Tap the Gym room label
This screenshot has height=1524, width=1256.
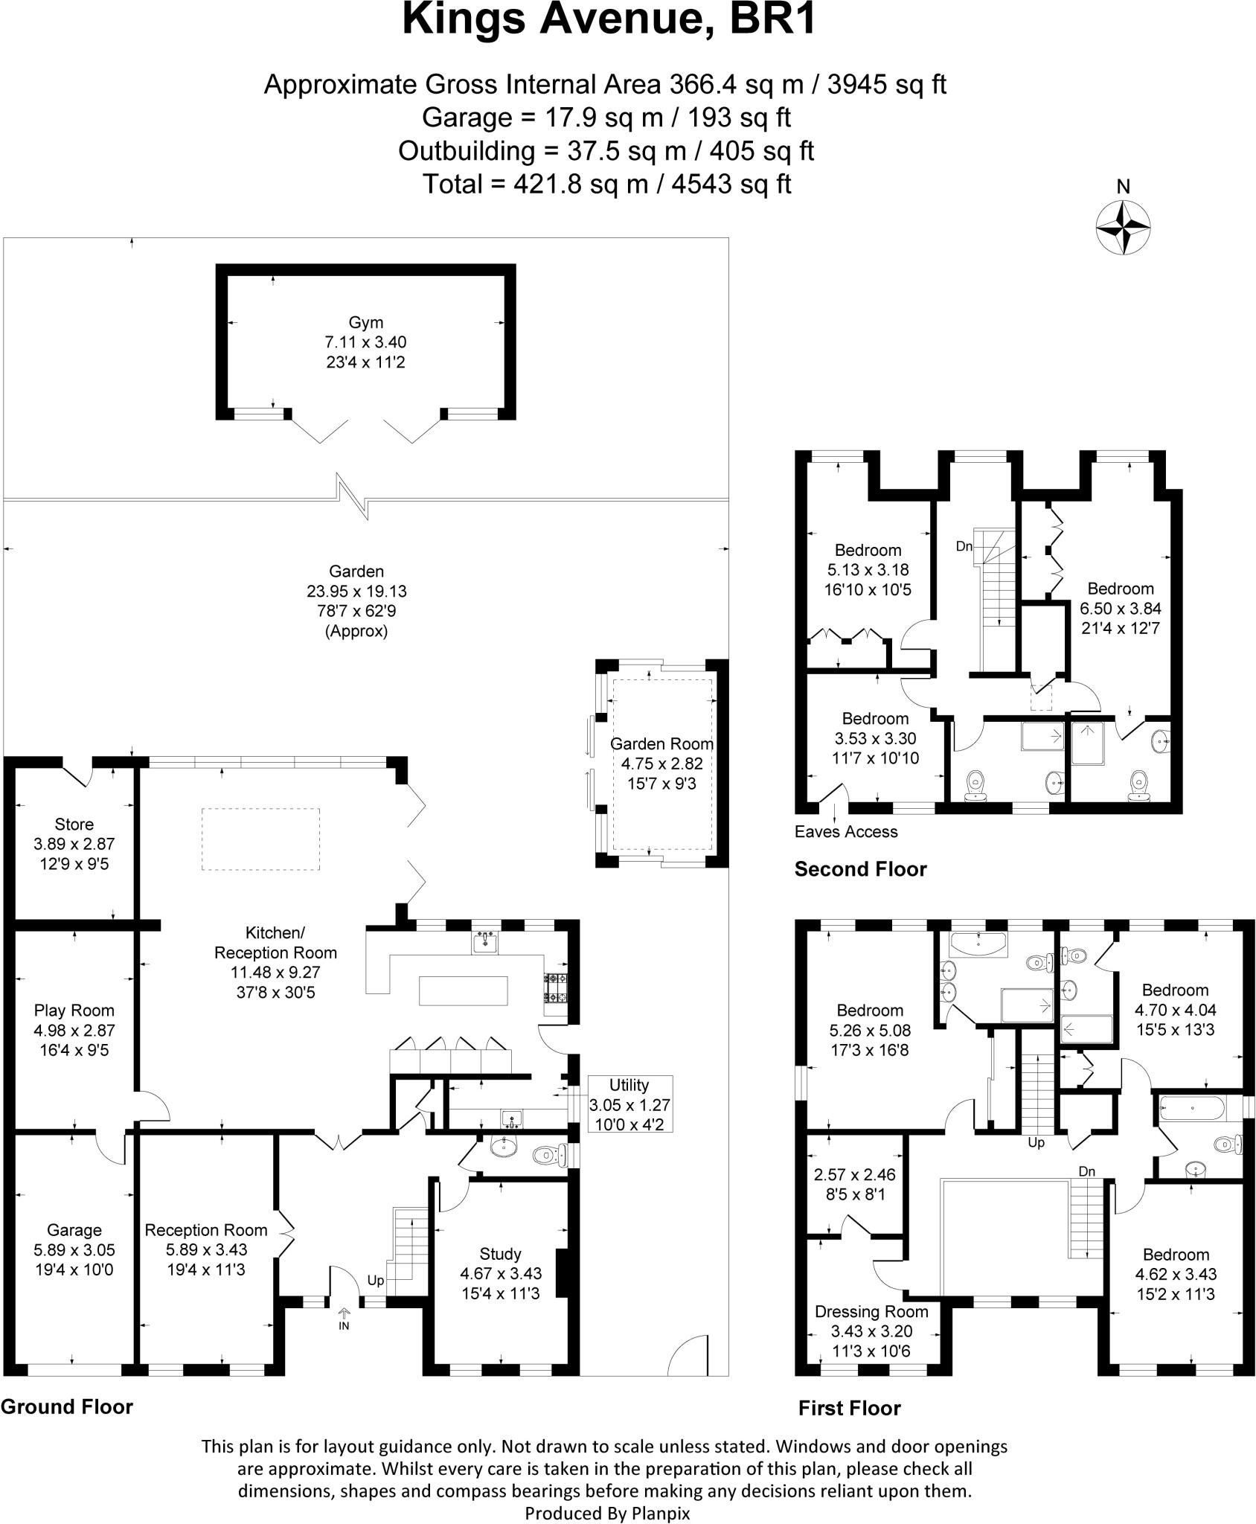(365, 322)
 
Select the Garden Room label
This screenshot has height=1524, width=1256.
(661, 743)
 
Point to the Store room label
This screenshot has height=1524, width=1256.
(74, 825)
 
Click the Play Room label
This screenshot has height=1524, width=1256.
(74, 1011)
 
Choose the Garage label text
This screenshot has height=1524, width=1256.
(74, 1230)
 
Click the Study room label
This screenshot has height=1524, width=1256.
(500, 1254)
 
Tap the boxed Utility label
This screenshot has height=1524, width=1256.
(629, 1085)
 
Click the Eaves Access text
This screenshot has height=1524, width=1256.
(846, 832)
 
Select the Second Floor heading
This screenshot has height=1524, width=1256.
(860, 869)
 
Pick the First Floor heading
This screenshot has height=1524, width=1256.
(849, 1408)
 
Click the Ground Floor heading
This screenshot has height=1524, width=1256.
(67, 1406)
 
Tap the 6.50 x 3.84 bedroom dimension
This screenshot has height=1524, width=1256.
(1120, 608)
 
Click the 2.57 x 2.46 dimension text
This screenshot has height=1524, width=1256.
(854, 1175)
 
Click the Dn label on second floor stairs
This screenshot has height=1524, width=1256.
(964, 546)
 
